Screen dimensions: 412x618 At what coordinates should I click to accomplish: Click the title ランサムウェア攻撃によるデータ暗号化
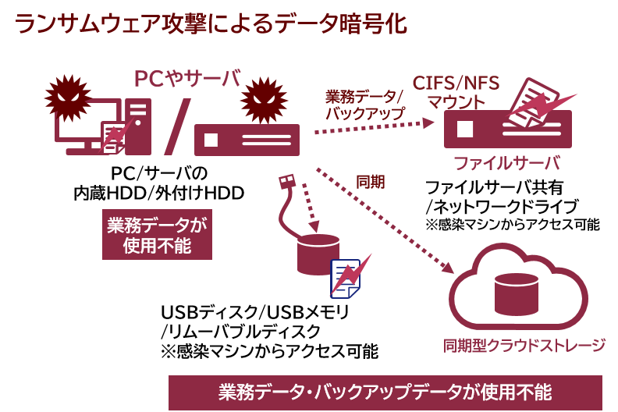211,23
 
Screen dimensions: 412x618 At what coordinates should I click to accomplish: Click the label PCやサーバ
187,79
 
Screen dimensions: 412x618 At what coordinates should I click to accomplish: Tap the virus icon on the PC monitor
68,98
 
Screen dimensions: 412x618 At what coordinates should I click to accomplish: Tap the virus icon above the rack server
264,100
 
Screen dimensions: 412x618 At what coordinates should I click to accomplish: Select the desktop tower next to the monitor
138,126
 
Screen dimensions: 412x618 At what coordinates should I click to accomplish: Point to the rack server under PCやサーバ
247,140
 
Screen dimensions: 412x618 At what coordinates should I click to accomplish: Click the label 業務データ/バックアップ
364,105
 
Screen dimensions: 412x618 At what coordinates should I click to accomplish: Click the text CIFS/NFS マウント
456,92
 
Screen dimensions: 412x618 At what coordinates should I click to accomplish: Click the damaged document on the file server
533,101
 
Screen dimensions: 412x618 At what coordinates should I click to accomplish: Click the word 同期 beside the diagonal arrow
371,182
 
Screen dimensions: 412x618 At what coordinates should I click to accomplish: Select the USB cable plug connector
286,182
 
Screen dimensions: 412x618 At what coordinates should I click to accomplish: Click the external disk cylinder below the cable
318,254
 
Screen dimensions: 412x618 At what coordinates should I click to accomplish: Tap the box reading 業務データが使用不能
157,235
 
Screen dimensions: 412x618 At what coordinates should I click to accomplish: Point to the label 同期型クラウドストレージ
524,346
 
